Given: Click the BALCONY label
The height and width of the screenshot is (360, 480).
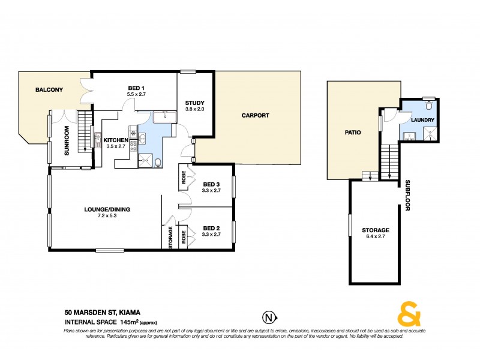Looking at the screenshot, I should pos(50,90).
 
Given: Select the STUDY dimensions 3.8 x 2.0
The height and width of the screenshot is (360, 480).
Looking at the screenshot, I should pos(195,109).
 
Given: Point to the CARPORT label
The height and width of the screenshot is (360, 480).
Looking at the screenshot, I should pos(255,115).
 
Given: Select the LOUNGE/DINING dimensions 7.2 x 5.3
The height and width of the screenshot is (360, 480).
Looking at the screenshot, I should pos(103,216).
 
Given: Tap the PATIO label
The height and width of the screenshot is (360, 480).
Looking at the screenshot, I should pos(352,133).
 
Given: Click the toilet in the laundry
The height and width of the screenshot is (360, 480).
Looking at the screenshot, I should pos(428,106).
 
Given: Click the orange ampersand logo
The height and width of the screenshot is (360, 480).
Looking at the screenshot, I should pos(408,315).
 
